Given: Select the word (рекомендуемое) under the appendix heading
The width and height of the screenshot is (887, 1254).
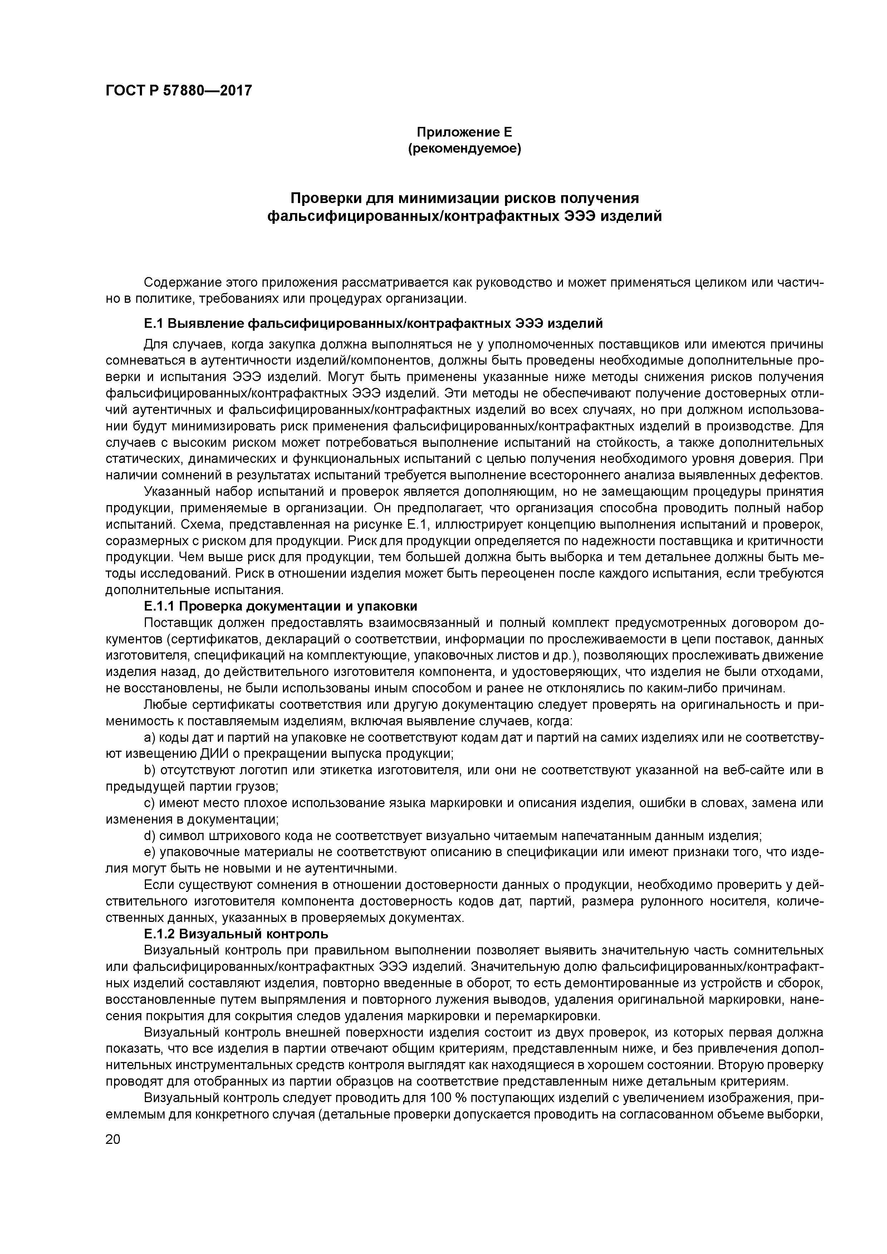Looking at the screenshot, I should [x=464, y=148].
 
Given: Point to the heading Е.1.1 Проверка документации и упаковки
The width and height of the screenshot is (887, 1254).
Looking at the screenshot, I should [x=280, y=606].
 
